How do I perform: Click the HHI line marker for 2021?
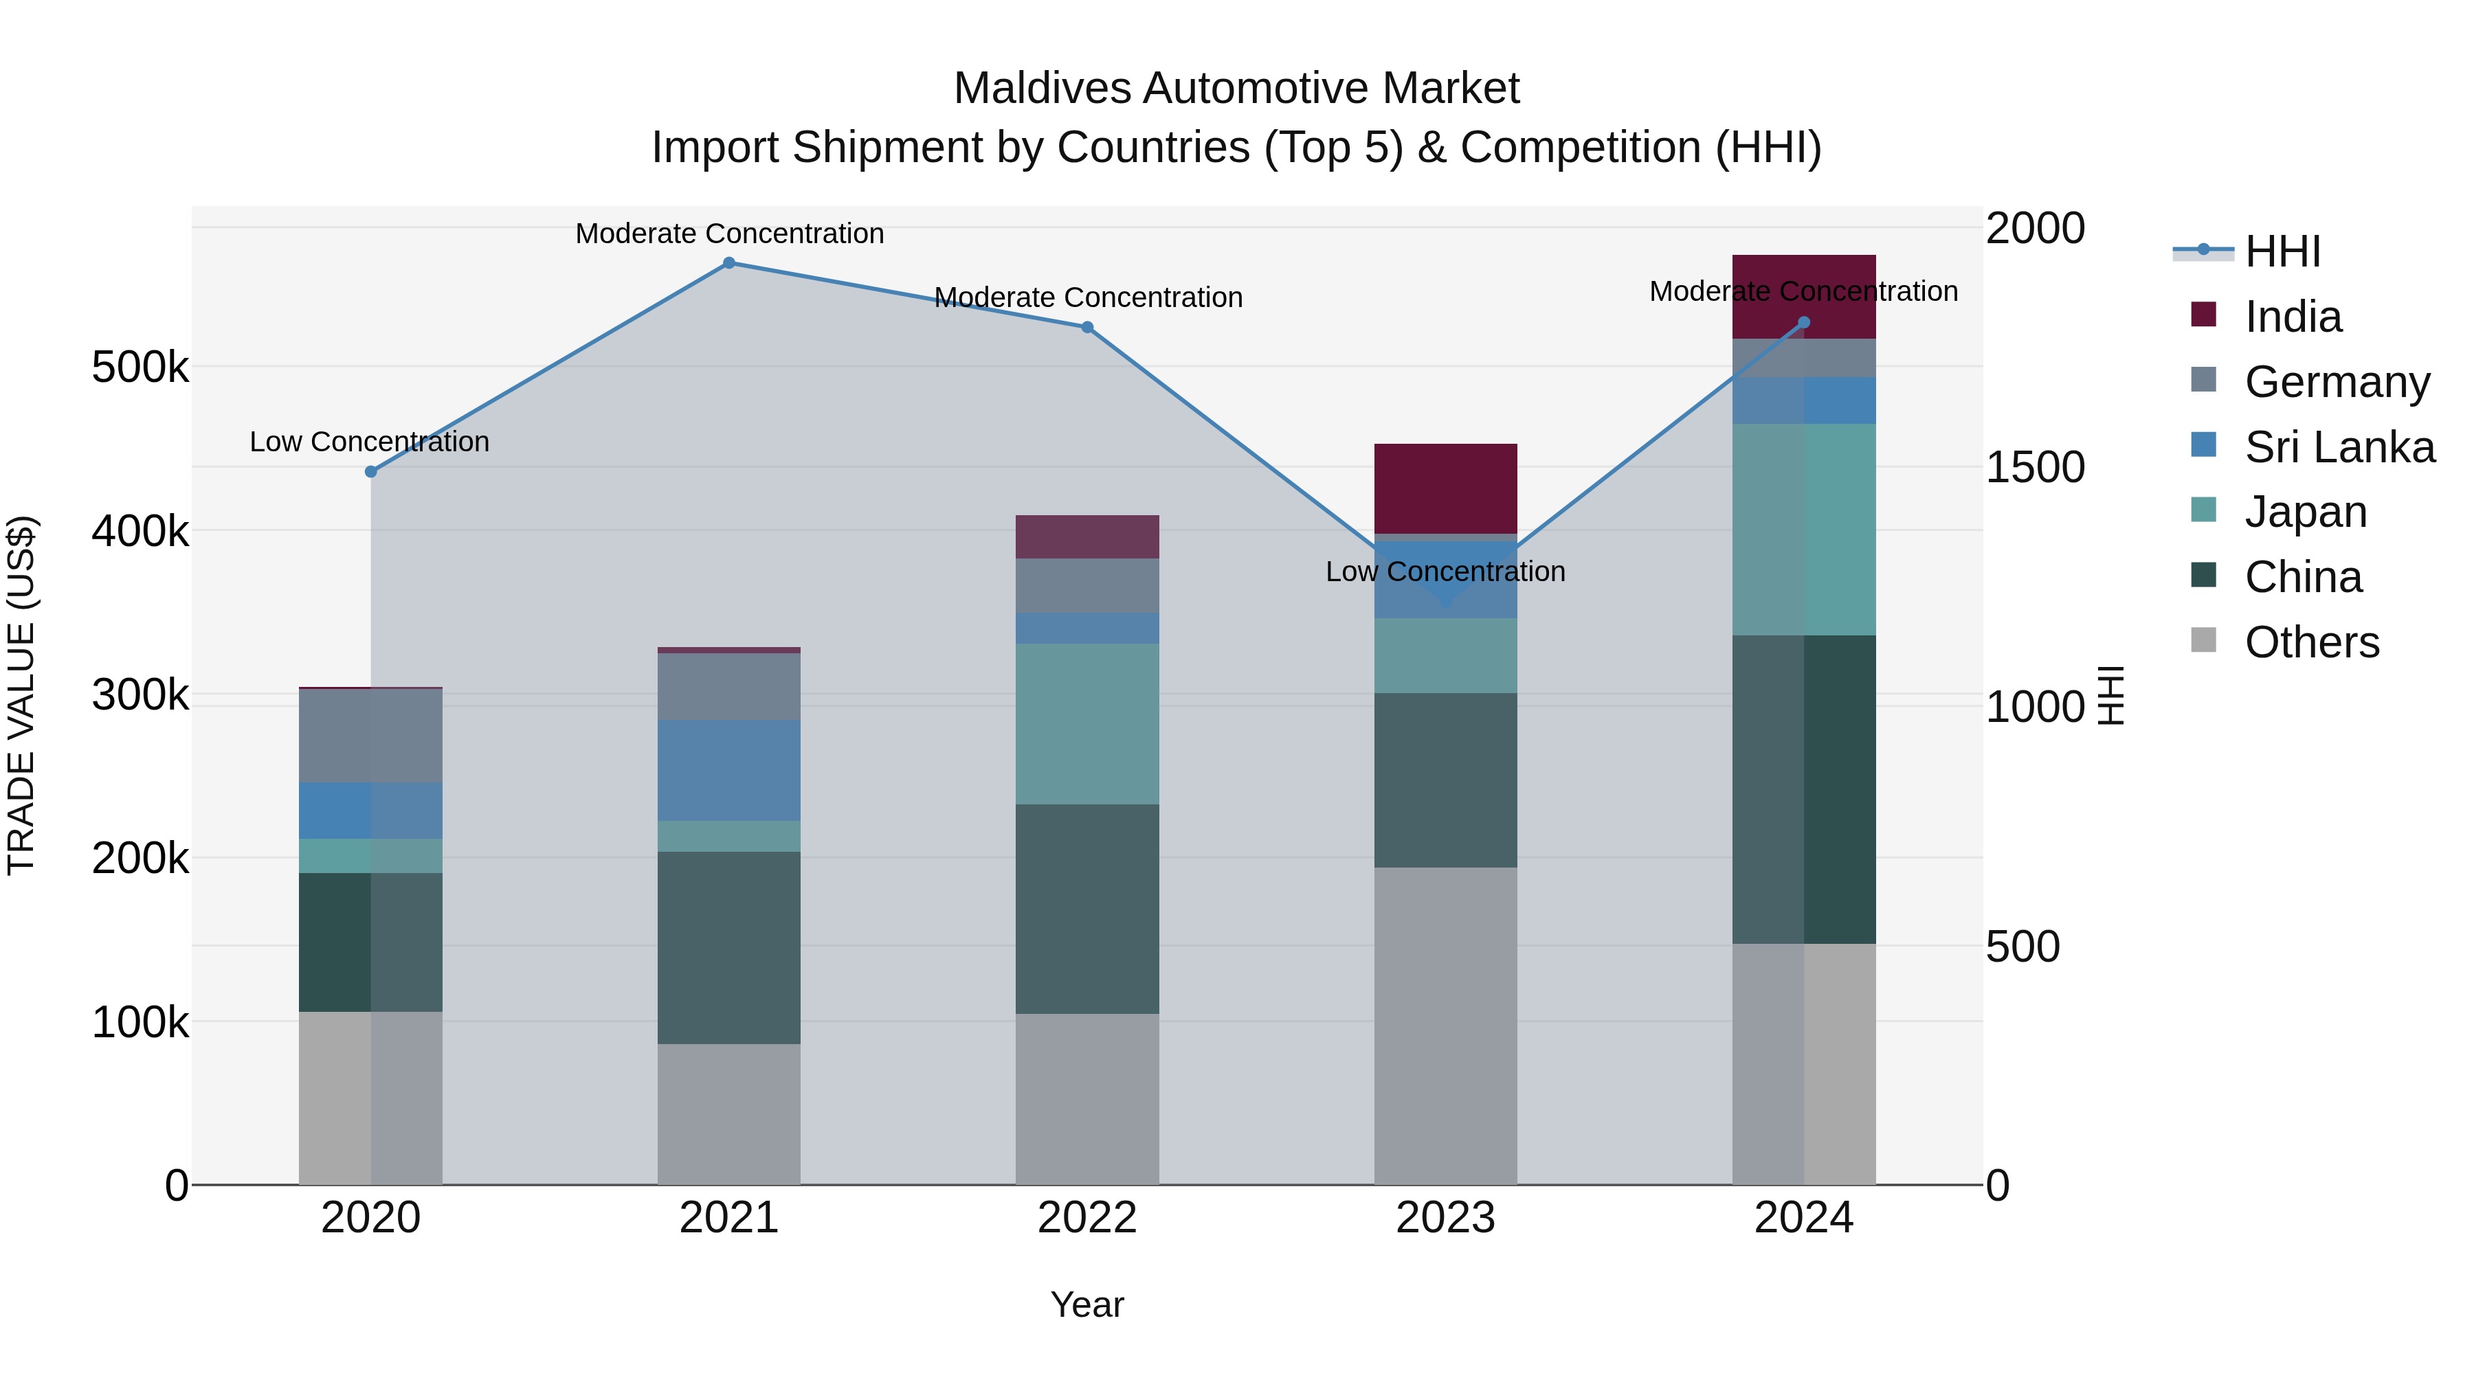pyautogui.click(x=729, y=263)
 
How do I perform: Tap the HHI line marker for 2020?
pyautogui.click(x=370, y=471)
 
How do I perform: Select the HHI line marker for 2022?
pyautogui.click(x=1087, y=328)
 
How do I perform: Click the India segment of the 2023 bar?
pyautogui.click(x=1445, y=488)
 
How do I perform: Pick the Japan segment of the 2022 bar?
pyautogui.click(x=1087, y=724)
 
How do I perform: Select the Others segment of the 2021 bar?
pyautogui.click(x=729, y=1113)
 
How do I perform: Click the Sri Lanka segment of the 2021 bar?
pyautogui.click(x=729, y=770)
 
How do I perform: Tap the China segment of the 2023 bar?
pyautogui.click(x=1445, y=780)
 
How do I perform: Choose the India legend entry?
pyautogui.click(x=2293, y=317)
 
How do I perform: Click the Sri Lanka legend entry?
pyautogui.click(x=2339, y=447)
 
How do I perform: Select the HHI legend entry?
pyautogui.click(x=2282, y=251)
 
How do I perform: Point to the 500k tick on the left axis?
pyautogui.click(x=140, y=367)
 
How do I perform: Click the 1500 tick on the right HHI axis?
pyautogui.click(x=2034, y=468)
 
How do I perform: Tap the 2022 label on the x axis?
pyautogui.click(x=1087, y=1218)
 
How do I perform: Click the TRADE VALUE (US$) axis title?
pyautogui.click(x=21, y=695)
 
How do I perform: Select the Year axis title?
pyautogui.click(x=1087, y=1304)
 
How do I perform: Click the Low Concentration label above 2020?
pyautogui.click(x=370, y=442)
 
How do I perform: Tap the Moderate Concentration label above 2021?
pyautogui.click(x=729, y=234)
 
